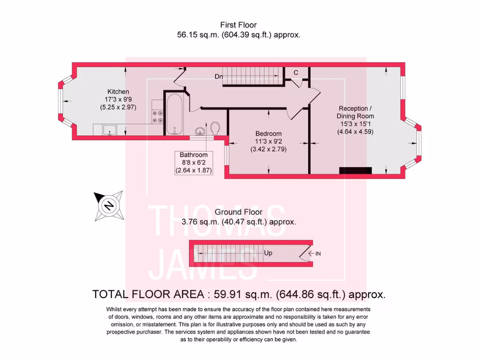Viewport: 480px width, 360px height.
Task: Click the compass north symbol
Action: click(x=109, y=206)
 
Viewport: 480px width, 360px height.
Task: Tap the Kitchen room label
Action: click(x=118, y=91)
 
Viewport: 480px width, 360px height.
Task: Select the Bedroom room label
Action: click(x=268, y=133)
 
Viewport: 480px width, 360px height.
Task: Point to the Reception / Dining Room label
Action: click(x=356, y=112)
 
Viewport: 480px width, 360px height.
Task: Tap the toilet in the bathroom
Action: click(x=216, y=128)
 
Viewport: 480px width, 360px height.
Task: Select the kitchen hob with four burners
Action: click(x=157, y=116)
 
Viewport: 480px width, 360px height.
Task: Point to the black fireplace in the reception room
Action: click(x=355, y=170)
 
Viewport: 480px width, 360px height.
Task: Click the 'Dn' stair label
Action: click(x=218, y=76)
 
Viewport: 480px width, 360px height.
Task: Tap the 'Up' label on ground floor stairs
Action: click(x=269, y=253)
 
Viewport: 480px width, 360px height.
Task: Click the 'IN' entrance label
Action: click(x=318, y=254)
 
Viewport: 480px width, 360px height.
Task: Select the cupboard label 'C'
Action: click(x=296, y=73)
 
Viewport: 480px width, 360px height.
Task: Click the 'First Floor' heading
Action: click(x=239, y=25)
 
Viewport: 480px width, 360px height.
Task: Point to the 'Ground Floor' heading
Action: click(x=239, y=212)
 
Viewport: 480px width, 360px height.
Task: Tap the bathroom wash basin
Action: click(x=200, y=130)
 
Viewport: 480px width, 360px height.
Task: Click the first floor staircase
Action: click(x=253, y=76)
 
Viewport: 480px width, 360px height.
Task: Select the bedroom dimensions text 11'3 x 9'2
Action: click(x=268, y=142)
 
